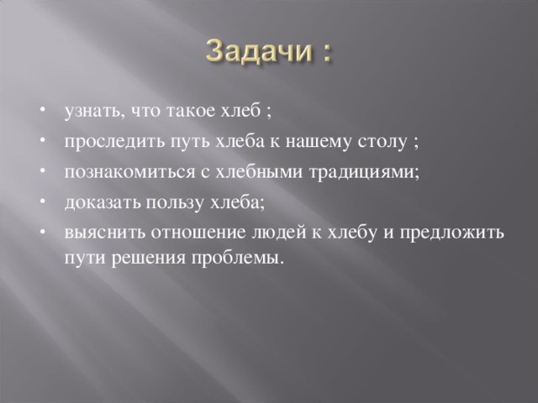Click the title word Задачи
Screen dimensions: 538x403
click(x=259, y=51)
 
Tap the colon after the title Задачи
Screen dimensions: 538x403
click(x=327, y=54)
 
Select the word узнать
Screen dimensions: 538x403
click(x=92, y=111)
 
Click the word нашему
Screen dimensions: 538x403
click(x=318, y=143)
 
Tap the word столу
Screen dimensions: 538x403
click(x=382, y=143)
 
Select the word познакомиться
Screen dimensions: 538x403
click(x=129, y=172)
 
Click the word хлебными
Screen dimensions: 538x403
click(x=259, y=171)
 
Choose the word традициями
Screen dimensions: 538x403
click(x=362, y=173)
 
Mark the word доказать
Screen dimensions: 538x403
click(x=103, y=203)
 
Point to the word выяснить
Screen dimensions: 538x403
click(x=104, y=233)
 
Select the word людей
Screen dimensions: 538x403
click(x=279, y=233)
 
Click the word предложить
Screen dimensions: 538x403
click(x=452, y=233)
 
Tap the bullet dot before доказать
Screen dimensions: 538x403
click(x=43, y=202)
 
